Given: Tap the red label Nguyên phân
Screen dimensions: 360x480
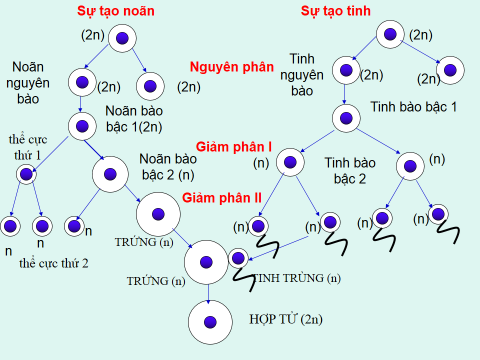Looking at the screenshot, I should coord(231,67).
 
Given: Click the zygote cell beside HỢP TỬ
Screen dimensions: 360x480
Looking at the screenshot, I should coord(210,321).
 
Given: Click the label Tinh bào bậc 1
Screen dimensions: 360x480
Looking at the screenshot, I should coord(413,105).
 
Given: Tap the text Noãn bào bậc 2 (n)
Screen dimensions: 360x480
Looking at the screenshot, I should coord(166,166).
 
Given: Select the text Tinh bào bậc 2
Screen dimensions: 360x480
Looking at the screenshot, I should coord(349,170).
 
